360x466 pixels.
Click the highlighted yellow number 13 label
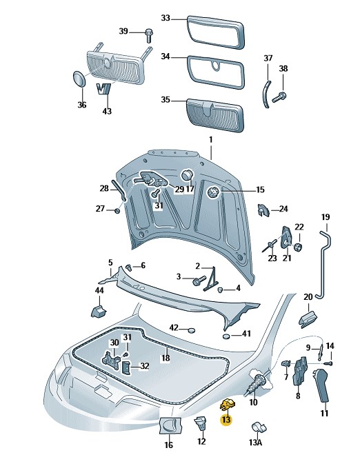click(226, 420)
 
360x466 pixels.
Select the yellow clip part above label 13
click(228, 405)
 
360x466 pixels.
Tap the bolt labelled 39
click(149, 36)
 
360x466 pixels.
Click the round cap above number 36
click(79, 79)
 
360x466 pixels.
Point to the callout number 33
click(166, 18)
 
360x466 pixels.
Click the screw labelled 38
click(279, 97)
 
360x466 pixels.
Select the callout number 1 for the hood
click(211, 139)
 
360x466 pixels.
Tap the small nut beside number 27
click(117, 210)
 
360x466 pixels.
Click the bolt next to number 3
click(199, 280)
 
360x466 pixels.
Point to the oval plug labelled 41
click(227, 336)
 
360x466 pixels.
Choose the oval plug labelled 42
click(191, 330)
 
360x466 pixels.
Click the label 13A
click(255, 443)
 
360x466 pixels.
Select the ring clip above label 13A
click(259, 427)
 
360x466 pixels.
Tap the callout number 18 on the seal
click(166, 358)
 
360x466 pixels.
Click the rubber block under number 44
click(99, 310)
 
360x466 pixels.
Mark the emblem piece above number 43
click(104, 88)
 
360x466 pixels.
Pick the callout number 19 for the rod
click(326, 217)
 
